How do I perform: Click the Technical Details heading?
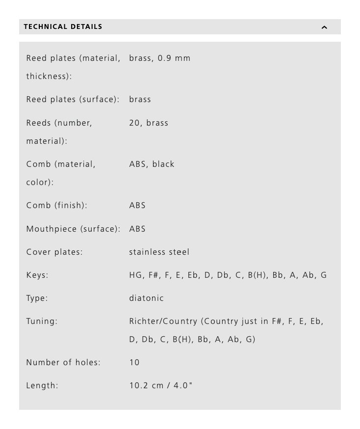click(63, 27)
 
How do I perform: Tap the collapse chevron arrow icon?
click(324, 27)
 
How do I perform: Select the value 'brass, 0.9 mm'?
click(159, 58)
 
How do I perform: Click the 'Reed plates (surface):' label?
click(73, 100)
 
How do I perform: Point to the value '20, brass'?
click(149, 123)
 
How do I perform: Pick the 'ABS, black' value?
click(152, 164)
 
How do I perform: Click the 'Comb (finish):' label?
click(56, 206)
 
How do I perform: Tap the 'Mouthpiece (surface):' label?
click(73, 229)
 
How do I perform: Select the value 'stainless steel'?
click(159, 252)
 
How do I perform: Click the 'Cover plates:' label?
click(54, 252)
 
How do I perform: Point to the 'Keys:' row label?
click(37, 275)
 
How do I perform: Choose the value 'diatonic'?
click(146, 298)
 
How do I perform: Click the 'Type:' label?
click(37, 298)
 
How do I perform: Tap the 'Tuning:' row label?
click(42, 322)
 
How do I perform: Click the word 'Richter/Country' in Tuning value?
click(163, 322)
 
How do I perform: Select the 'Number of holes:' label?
click(63, 363)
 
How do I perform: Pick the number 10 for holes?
click(134, 363)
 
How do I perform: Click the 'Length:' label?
click(42, 386)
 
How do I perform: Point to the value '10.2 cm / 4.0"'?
click(161, 386)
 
